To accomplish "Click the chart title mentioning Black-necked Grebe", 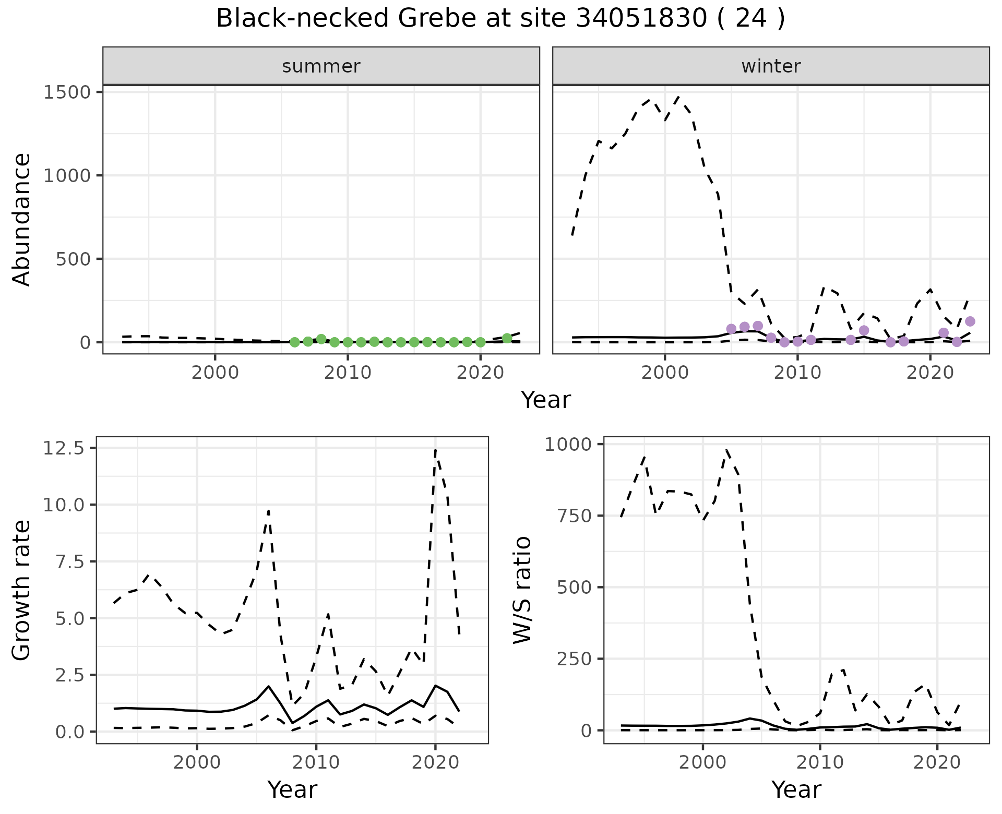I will click(x=500, y=19).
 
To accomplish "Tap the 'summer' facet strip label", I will click(x=321, y=66).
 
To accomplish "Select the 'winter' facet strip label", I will click(x=771, y=66).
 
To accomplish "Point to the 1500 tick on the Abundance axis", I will click(x=66, y=92).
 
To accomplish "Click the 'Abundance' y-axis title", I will click(x=22, y=219).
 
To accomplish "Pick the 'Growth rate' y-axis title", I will click(x=22, y=591).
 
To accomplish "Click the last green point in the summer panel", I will click(x=507, y=338).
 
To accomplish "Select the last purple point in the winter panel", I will click(x=970, y=321).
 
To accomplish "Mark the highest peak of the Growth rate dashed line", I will click(x=435, y=449).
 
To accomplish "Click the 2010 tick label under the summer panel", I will click(x=347, y=373).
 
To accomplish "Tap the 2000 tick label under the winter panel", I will click(x=664, y=373).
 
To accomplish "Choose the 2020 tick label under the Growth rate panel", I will click(x=435, y=762).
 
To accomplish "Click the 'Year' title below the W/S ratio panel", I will click(x=796, y=789).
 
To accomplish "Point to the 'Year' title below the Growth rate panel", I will click(x=292, y=789).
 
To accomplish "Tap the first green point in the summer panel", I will click(x=294, y=342).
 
